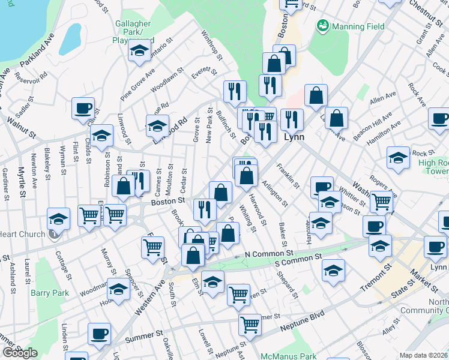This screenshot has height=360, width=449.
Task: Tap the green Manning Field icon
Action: [322, 26]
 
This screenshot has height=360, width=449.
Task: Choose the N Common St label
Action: [268, 255]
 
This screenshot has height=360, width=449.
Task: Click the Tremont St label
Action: [376, 277]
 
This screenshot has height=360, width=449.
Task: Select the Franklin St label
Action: [288, 174]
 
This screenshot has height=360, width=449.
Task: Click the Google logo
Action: [20, 353]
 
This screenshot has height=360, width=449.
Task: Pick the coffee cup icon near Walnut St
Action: [83, 109]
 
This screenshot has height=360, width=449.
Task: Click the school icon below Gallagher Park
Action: [140, 52]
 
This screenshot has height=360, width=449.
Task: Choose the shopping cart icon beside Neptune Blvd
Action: [250, 325]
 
